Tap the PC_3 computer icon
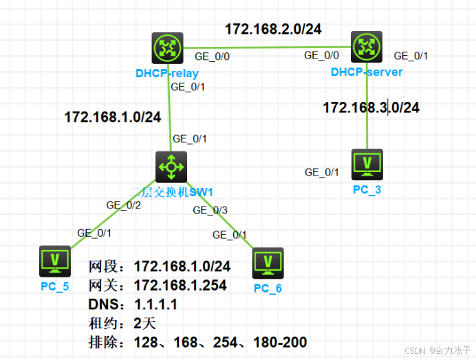coord(366,164)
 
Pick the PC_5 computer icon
coord(55,261)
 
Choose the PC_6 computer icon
coord(267,262)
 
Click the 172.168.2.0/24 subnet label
coord(273,29)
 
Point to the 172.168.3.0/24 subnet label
coord(371,107)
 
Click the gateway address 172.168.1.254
coord(180,285)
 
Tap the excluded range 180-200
coord(279,342)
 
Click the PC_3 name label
coord(367,189)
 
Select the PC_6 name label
coord(267,288)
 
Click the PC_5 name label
coord(55,286)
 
